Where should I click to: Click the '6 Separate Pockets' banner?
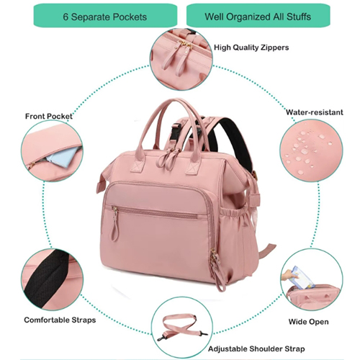(x=105, y=16)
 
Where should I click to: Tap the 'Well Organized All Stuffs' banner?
(x=258, y=16)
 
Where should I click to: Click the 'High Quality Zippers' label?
(x=251, y=48)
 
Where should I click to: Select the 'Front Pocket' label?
(x=49, y=117)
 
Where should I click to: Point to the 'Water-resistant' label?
(x=315, y=112)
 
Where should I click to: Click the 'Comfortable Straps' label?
(x=60, y=320)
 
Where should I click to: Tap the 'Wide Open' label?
(x=309, y=322)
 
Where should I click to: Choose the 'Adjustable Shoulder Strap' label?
(x=256, y=349)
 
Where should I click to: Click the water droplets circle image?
(x=311, y=150)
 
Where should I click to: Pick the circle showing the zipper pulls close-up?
(x=181, y=59)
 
